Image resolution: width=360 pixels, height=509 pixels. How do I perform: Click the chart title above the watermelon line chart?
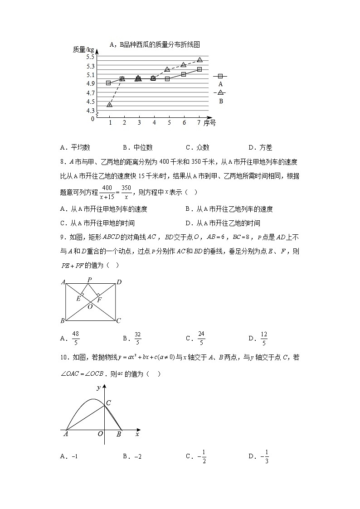155,44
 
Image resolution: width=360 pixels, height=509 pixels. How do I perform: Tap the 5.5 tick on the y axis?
90,57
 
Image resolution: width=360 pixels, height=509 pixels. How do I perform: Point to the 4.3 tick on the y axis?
90,111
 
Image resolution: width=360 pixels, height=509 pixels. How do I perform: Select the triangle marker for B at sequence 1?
110,104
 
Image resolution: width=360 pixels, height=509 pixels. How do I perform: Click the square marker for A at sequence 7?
199,69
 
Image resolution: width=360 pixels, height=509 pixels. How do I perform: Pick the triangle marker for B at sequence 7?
199,59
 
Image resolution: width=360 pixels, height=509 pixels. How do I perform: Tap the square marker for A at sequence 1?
108,83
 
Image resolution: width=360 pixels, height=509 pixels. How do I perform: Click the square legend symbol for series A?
220,77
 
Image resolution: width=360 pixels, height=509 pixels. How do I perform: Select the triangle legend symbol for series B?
220,92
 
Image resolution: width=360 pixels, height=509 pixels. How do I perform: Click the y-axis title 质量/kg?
83,49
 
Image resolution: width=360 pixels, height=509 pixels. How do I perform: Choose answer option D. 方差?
260,147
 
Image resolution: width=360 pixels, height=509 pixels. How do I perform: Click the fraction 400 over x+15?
107,192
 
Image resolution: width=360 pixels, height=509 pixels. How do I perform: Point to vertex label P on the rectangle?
89,279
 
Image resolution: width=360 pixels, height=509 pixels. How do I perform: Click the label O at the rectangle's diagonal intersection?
90,307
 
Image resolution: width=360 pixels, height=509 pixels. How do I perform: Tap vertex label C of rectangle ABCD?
118,321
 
